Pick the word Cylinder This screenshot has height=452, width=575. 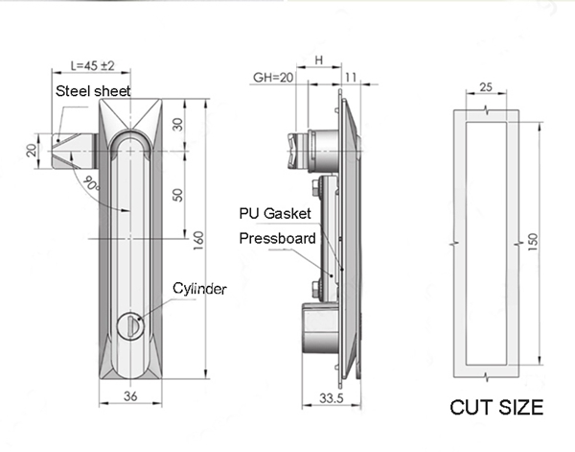pos(199,288)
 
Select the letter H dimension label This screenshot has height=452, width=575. pos(317,59)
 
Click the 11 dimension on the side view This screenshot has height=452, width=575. pos(350,78)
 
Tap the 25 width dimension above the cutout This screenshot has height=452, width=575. pos(485,87)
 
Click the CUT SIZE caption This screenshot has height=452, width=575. pos(497,408)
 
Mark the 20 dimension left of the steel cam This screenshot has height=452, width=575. pos(31,150)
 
